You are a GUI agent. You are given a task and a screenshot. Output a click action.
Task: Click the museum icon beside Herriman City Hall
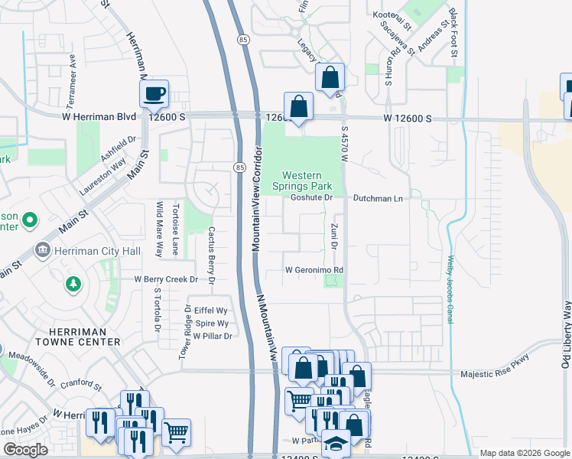pos(42,251)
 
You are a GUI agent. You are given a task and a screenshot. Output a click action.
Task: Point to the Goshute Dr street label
pos(313,197)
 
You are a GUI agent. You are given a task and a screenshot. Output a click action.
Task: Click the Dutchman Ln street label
pos(378,197)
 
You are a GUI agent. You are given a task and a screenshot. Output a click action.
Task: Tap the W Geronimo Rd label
pos(314,270)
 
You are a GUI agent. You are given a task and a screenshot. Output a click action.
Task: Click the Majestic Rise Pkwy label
pos(494,375)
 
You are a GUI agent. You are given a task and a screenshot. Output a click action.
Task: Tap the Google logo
pos(25,450)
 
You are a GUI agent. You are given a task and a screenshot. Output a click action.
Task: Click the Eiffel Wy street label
pos(212,311)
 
